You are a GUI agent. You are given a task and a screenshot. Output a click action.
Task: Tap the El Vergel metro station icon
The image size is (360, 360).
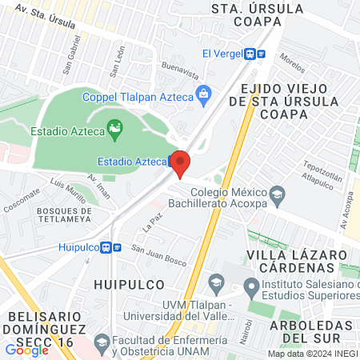coord(256,54)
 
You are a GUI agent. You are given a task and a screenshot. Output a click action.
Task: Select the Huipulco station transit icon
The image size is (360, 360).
coord(117,247)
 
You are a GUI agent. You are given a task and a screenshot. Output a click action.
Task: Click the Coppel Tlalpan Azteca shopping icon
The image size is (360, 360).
coord(204,94)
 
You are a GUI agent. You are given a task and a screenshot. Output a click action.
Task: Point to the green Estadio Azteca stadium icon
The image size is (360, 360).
coord(115,127)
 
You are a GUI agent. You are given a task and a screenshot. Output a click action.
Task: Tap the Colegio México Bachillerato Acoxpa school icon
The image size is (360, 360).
coord(277,193)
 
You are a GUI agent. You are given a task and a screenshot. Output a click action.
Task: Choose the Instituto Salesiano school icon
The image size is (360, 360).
coord(251,285)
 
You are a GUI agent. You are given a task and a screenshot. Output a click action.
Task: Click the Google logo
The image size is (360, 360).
coord(26,350)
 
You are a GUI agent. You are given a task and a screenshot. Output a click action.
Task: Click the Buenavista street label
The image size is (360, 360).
coord(179,70)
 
